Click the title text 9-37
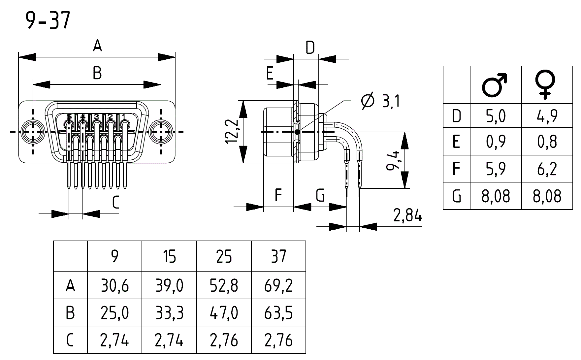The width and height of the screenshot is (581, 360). click(x=48, y=20)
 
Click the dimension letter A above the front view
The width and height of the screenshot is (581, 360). click(x=97, y=46)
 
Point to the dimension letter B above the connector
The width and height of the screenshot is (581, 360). click(x=97, y=73)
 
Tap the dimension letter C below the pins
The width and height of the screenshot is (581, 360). click(x=115, y=202)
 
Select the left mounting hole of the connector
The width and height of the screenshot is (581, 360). click(x=33, y=132)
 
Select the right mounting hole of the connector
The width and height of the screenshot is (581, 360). click(x=161, y=132)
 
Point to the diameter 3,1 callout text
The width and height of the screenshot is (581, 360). click(x=381, y=101)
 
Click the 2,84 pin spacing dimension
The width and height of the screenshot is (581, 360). click(x=408, y=216)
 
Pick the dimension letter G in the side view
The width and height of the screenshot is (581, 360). click(x=320, y=195)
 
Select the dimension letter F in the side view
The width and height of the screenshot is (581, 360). click(x=278, y=195)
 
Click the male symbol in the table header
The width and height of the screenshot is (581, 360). click(x=495, y=85)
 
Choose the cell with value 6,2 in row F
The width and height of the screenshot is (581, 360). click(x=547, y=169)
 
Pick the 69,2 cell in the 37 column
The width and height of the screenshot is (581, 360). click(x=278, y=285)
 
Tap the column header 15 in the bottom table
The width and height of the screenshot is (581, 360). click(x=169, y=256)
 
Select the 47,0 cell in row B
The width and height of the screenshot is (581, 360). click(x=224, y=313)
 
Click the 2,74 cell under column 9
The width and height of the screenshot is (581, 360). click(x=114, y=340)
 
